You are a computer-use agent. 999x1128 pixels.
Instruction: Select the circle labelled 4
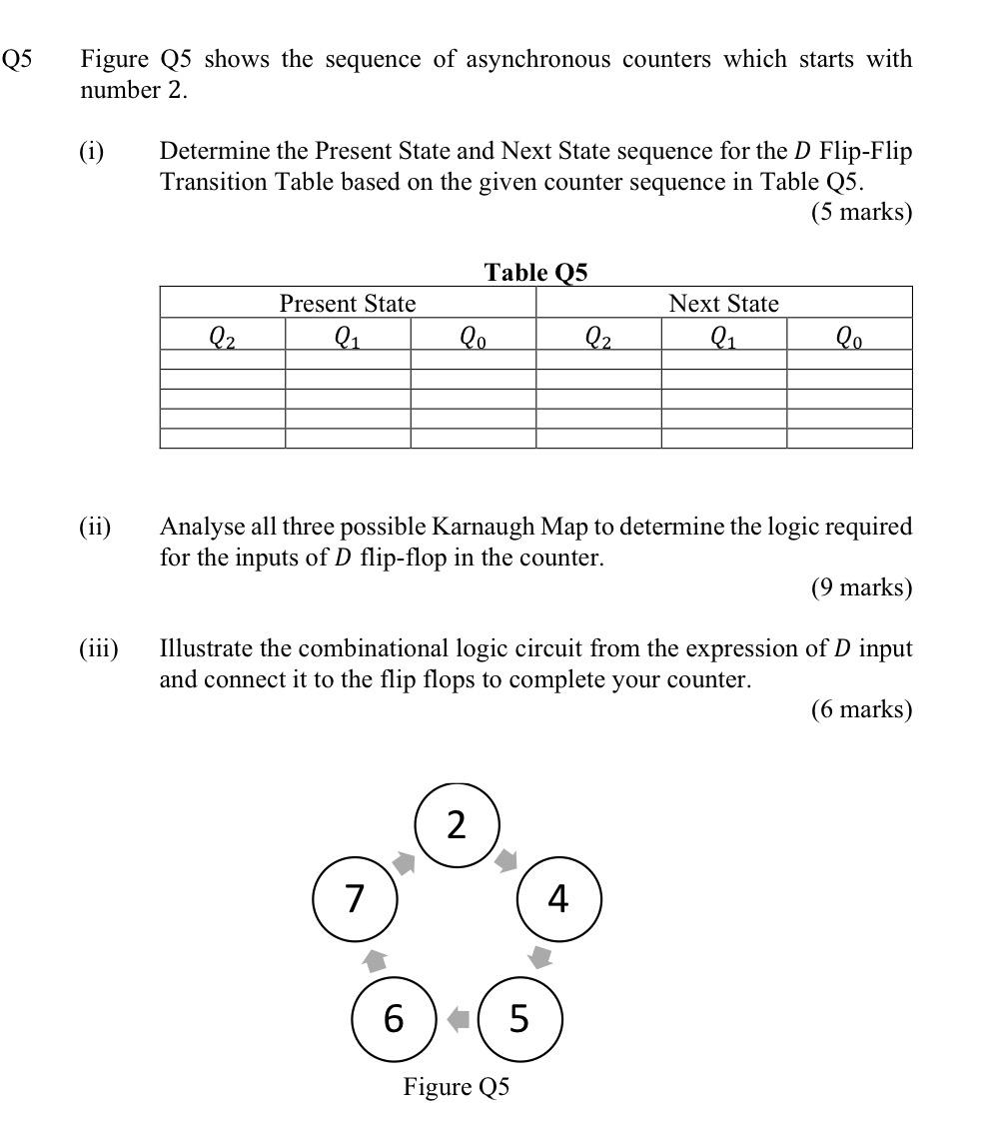pos(558,899)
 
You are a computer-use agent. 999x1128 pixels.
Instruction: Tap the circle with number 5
pos(519,1018)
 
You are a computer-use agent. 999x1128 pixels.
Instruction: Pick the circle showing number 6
pos(395,1018)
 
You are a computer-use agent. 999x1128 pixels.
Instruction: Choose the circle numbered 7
pos(355,899)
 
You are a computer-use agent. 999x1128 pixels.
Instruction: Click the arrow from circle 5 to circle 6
pos(458,1019)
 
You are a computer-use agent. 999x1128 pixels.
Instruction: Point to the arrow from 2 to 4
pos(507,859)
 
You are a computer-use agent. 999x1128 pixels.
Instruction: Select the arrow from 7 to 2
pos(404,862)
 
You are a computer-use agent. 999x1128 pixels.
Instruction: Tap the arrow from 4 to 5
pos(540,957)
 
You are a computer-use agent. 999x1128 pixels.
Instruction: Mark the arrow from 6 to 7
pos(375,960)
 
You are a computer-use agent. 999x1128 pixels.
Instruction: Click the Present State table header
pos(348,303)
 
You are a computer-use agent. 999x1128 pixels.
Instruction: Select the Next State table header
pos(723,303)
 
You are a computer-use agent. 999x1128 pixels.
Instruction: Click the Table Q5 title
pos(536,272)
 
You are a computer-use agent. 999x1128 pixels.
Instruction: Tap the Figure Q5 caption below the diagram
pos(457,1086)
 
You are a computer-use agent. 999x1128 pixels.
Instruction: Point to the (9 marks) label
pos(861,587)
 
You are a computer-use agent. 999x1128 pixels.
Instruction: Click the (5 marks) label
pos(861,213)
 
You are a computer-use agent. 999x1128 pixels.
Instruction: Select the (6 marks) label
pos(861,709)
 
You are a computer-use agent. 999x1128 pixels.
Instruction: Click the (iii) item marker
pos(98,648)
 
